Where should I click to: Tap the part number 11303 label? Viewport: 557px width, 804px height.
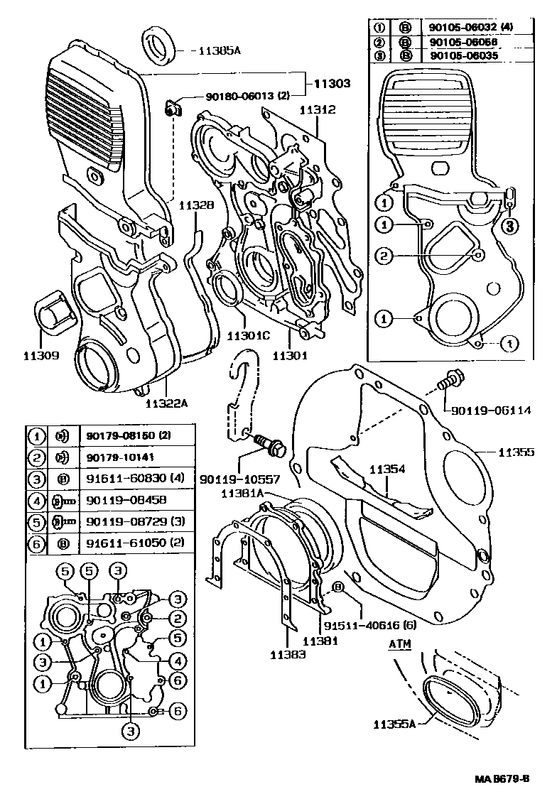[x=330, y=84]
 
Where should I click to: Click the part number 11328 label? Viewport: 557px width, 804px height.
[x=196, y=205]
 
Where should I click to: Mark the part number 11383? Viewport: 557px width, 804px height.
[x=288, y=655]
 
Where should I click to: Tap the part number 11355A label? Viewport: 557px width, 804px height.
[x=395, y=724]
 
